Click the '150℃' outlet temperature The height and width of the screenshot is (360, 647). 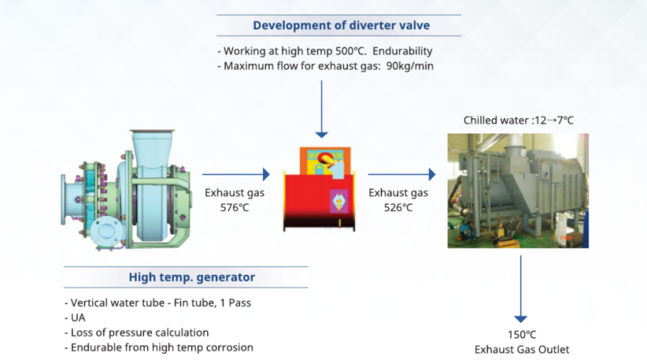click(x=520, y=335)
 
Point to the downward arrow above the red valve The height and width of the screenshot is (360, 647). click(x=321, y=105)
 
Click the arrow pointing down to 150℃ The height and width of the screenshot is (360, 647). click(x=520, y=291)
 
